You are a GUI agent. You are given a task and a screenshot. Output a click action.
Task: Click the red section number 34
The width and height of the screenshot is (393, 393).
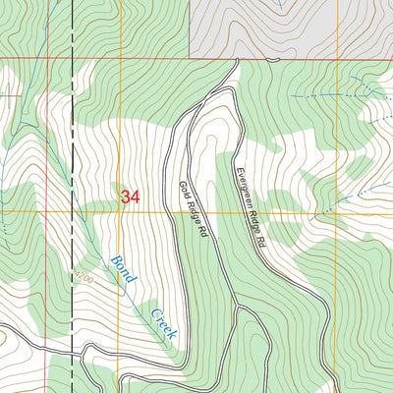(131, 197)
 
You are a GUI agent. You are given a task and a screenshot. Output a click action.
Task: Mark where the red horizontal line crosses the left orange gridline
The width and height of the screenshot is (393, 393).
(120, 59)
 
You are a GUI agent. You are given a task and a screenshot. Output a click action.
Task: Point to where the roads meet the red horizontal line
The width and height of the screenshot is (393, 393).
(238, 59)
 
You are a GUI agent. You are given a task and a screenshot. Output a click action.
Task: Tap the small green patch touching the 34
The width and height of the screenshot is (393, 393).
(121, 189)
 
